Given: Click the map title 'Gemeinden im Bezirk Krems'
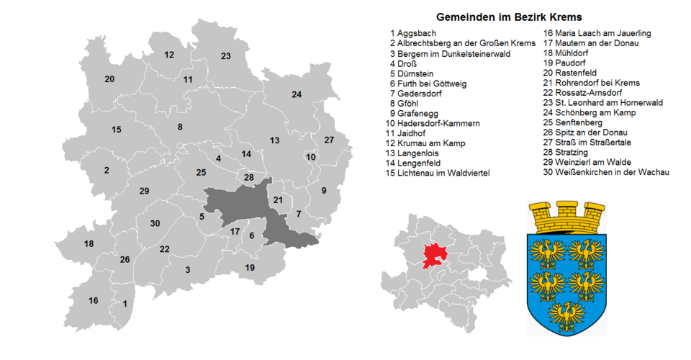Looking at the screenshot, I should (x=509, y=17).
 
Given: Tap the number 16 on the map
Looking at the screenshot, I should (x=94, y=300).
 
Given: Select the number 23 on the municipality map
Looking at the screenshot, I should (x=225, y=56).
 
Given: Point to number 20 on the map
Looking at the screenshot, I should (x=109, y=78).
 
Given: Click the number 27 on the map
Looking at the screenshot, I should (x=329, y=140).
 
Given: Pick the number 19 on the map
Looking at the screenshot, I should (x=250, y=268).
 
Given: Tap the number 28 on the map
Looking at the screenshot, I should (x=249, y=177).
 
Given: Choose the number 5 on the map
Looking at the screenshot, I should (x=202, y=217).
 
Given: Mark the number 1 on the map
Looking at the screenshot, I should (x=125, y=304).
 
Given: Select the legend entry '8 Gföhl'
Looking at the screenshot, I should (x=407, y=104).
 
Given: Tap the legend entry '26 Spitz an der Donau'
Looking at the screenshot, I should (x=585, y=132).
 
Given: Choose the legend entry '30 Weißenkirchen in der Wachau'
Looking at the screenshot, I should (x=606, y=173).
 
